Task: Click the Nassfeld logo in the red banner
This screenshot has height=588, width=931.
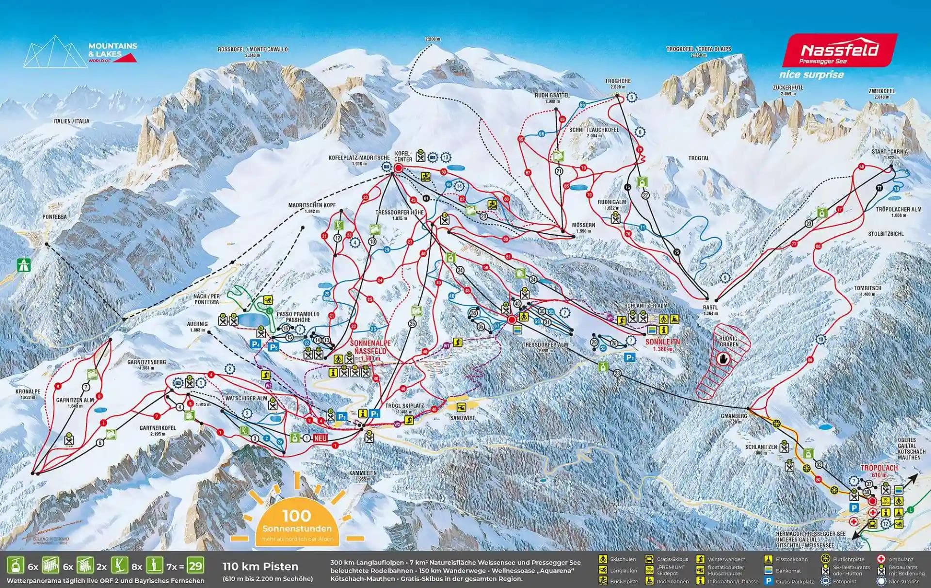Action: click(839, 50)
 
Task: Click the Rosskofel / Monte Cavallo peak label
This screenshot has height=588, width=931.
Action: click(253, 49)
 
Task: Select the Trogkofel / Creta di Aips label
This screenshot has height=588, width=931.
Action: click(698, 49)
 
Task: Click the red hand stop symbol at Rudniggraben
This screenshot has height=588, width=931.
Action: click(723, 359)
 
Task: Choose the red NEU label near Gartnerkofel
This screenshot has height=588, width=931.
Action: click(321, 438)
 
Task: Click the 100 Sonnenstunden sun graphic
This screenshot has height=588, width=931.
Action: click(297, 522)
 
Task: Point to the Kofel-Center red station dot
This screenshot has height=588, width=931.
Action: click(399, 168)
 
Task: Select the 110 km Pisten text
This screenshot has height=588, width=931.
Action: click(260, 566)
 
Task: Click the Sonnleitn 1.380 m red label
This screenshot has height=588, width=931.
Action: click(663, 345)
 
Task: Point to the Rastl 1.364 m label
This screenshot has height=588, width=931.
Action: click(710, 310)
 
